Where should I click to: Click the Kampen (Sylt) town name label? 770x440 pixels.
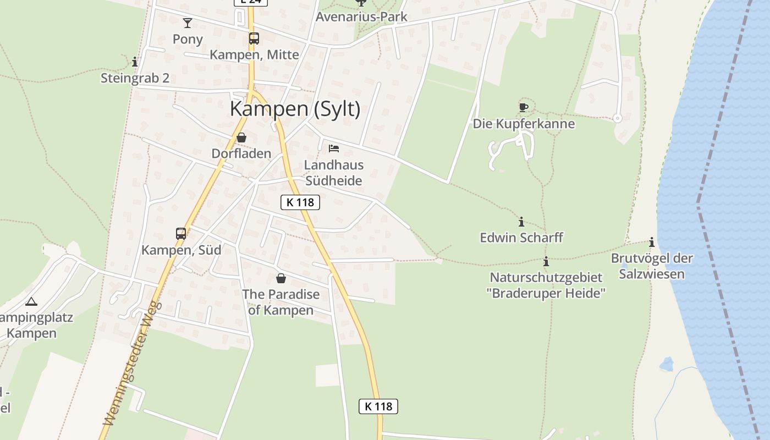[295, 109]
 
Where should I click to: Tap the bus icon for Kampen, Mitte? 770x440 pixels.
[254, 38]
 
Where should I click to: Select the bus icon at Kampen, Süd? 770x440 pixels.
[181, 234]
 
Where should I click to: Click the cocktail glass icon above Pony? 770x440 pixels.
[188, 23]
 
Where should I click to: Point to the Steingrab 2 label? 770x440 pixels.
[135, 78]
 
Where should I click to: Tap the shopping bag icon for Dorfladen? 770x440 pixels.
[241, 137]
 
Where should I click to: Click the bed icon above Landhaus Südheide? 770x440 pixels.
[333, 148]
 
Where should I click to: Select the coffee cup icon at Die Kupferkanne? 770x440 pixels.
[523, 107]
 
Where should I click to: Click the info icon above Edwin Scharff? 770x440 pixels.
[521, 222]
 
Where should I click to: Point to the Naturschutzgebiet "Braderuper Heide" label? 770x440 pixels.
[546, 285]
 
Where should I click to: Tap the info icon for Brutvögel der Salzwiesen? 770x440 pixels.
[652, 243]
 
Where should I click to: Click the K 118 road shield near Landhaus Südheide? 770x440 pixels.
[300, 202]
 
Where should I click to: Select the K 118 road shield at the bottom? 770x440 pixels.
[378, 406]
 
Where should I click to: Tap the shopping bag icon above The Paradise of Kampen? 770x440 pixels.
[281, 278]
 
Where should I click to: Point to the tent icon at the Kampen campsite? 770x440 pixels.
[31, 301]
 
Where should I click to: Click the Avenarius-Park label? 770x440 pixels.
[361, 16]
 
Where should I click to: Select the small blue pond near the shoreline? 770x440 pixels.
[666, 364]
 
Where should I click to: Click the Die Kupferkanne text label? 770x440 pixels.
[524, 124]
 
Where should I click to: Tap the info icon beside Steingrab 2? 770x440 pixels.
[135, 62]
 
